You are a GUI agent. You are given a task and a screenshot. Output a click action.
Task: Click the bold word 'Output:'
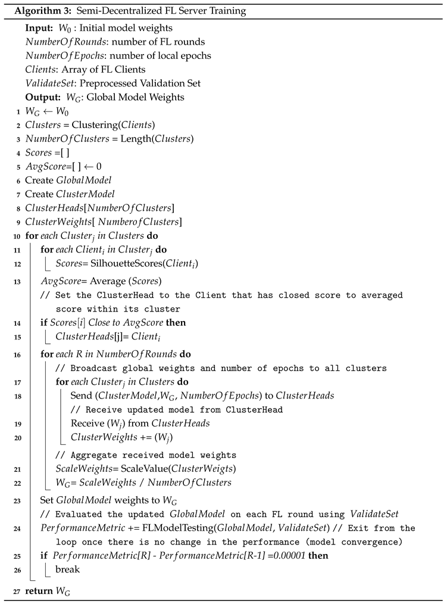[41, 97]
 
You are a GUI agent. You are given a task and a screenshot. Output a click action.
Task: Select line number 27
[18, 590]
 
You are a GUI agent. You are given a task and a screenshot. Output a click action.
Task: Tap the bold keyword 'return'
[39, 590]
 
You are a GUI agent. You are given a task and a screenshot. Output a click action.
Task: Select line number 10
[18, 235]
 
